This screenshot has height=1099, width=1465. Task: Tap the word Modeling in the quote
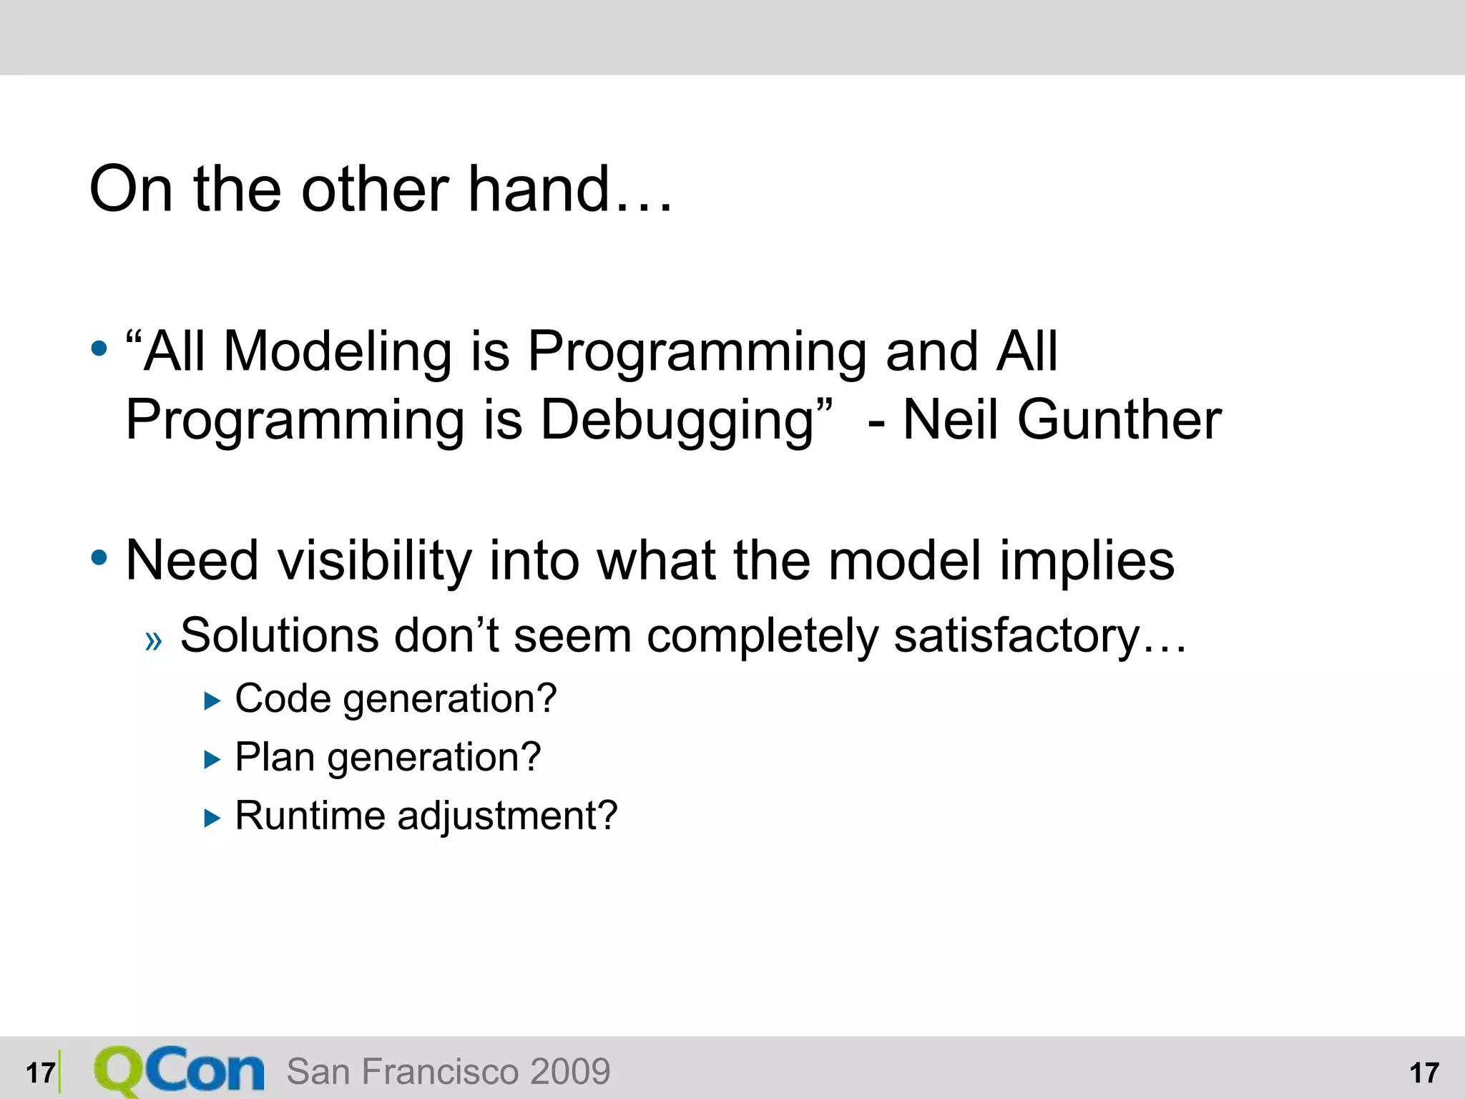(x=338, y=352)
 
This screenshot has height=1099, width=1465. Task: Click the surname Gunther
(x=1119, y=420)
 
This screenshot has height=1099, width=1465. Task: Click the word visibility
(x=374, y=561)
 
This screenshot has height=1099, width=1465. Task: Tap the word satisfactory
(x=1016, y=636)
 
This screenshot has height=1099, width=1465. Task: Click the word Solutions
(x=279, y=635)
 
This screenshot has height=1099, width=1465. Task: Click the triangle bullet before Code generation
(x=212, y=701)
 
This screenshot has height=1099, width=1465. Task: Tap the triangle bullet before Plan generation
(x=212, y=760)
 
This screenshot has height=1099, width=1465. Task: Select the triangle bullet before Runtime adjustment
(x=212, y=818)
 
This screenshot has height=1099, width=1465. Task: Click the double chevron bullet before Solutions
(x=153, y=640)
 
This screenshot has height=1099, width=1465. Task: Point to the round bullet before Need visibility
(x=99, y=558)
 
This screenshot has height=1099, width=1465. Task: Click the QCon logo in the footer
(x=179, y=1071)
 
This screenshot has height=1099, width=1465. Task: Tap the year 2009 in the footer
(x=570, y=1072)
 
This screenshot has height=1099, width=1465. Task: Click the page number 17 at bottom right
(x=1424, y=1073)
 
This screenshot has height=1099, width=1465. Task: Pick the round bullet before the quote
(x=99, y=349)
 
